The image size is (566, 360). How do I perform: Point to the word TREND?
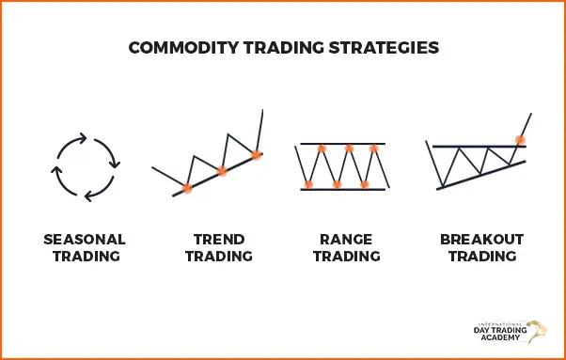(x=219, y=239)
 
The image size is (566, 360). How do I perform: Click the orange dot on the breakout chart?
(x=520, y=140)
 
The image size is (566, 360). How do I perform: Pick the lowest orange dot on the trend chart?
(x=187, y=188)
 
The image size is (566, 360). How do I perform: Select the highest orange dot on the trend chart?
(x=257, y=154)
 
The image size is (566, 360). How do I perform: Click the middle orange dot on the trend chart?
(x=222, y=171)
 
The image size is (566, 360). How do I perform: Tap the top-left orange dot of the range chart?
(x=322, y=149)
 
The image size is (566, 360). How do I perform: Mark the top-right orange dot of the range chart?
(x=374, y=149)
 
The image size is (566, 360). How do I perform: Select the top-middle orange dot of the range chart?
(x=349, y=149)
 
